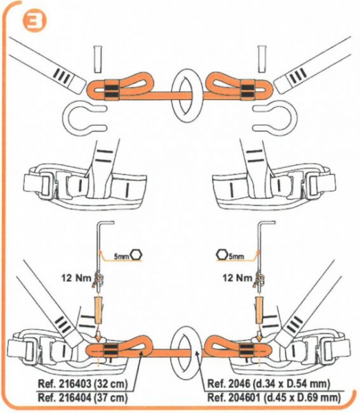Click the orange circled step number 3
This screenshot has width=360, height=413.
(x=34, y=22)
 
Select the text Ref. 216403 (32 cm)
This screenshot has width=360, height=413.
(x=83, y=383)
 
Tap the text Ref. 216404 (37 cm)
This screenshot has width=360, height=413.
(x=83, y=397)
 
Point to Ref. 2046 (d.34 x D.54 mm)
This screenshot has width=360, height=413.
(x=268, y=383)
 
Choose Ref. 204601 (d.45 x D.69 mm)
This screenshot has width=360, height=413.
(x=274, y=397)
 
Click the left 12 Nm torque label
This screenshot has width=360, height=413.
(x=76, y=277)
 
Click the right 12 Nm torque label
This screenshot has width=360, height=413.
(x=237, y=277)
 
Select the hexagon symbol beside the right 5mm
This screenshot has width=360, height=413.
(x=222, y=255)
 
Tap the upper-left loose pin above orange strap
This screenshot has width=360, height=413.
(x=97, y=59)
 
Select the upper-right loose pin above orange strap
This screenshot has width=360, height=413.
(x=262, y=59)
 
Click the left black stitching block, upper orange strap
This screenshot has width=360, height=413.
(x=112, y=89)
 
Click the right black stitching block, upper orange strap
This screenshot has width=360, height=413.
(x=248, y=89)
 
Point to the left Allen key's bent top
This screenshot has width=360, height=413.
(x=106, y=222)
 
